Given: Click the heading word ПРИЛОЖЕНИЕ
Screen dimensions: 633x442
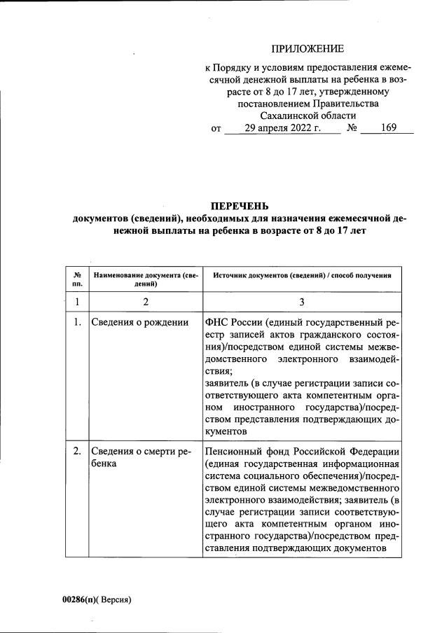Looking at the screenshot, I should (x=308, y=48).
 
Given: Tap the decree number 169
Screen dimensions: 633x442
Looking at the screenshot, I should (x=387, y=129).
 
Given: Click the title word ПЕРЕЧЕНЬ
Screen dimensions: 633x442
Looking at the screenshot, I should (x=239, y=206).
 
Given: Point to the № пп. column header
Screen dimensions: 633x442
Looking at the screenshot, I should (x=77, y=280).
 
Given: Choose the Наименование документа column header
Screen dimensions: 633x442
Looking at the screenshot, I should (x=146, y=280).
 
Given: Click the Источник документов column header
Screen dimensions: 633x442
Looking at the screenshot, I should (x=301, y=276).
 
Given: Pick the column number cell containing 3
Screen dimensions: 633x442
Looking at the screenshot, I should (x=301, y=302).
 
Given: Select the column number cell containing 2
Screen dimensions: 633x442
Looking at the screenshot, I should (x=146, y=302).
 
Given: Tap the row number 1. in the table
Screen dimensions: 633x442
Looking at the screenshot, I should (x=77, y=323).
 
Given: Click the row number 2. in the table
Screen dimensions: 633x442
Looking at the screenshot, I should (x=77, y=452).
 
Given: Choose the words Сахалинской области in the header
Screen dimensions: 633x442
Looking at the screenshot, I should (x=308, y=116).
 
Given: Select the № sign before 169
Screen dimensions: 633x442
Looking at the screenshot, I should (x=352, y=129).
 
